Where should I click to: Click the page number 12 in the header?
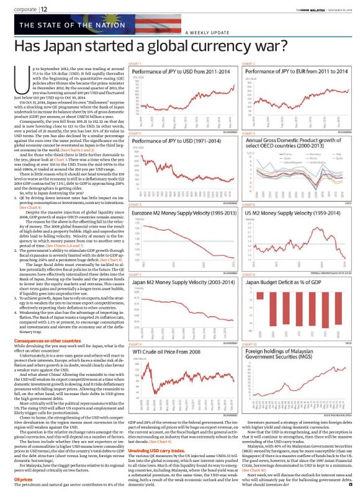pyautogui.click(x=44, y=8)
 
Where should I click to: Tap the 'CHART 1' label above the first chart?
pyautogui.click(x=134, y=64)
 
